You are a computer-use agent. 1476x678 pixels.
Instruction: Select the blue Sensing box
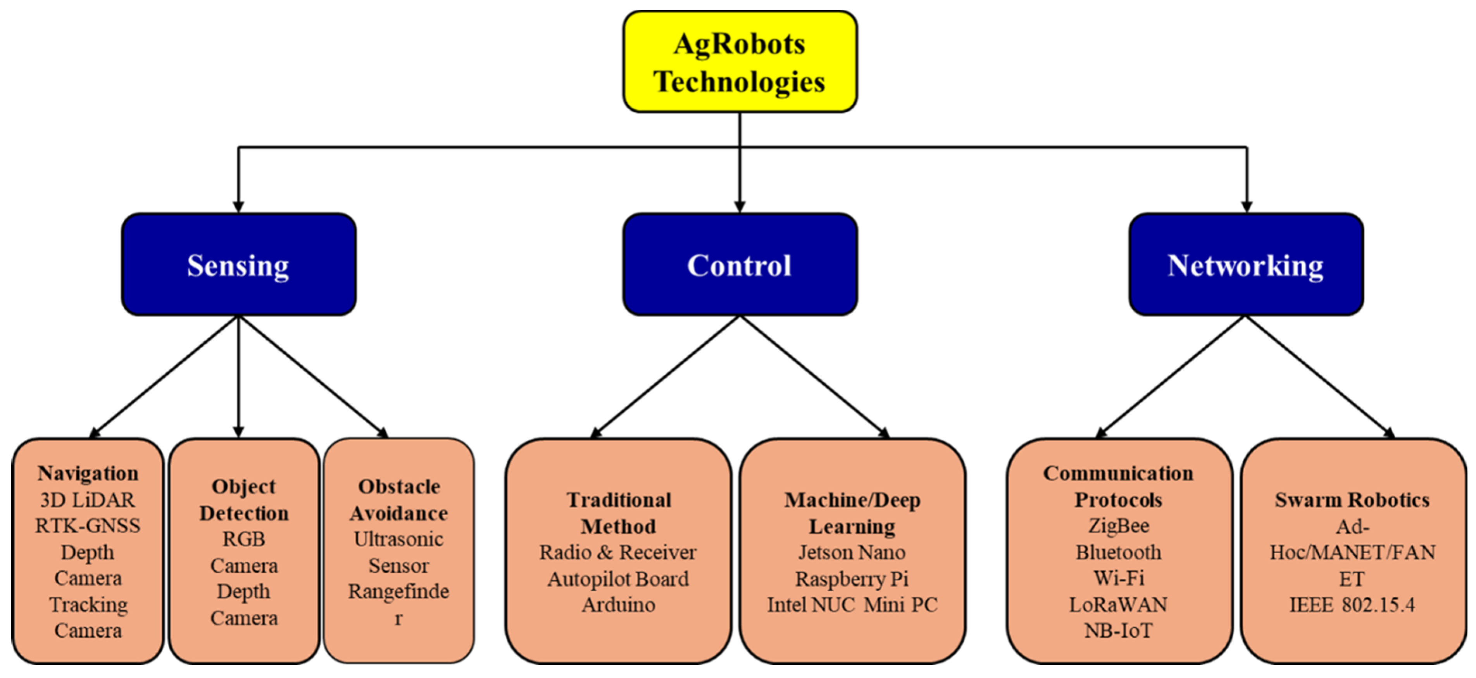[x=238, y=265]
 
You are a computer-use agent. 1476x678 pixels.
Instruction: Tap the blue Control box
[x=740, y=265]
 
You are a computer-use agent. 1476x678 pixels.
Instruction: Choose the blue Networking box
[x=1246, y=265]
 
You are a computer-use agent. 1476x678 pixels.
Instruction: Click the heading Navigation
[x=88, y=473]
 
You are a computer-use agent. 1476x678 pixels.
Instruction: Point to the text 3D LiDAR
[x=88, y=500]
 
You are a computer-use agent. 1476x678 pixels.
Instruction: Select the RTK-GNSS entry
[x=88, y=526]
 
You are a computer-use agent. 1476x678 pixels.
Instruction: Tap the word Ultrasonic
[x=398, y=539]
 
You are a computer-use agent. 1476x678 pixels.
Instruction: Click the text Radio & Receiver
[x=618, y=552]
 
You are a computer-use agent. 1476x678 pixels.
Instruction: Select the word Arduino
[x=618, y=605]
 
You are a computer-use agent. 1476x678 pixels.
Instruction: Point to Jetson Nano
[x=852, y=552]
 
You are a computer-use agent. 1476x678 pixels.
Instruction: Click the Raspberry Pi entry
[x=852, y=578]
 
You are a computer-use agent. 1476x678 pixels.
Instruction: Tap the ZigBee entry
[x=1118, y=526]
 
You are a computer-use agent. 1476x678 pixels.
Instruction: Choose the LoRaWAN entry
[x=1118, y=605]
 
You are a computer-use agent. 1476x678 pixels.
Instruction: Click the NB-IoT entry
[x=1118, y=630]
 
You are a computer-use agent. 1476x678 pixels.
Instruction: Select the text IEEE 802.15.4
[x=1352, y=605]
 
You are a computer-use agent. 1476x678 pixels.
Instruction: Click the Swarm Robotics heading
[x=1352, y=500]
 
